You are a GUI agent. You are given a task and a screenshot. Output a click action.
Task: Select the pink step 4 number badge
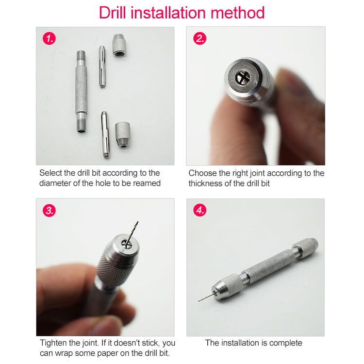(199, 211)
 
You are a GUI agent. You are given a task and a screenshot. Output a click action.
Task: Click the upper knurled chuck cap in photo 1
(119, 46)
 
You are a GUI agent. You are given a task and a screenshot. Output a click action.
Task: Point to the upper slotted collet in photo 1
(102, 66)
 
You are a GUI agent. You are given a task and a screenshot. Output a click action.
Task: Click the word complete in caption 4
(283, 343)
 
